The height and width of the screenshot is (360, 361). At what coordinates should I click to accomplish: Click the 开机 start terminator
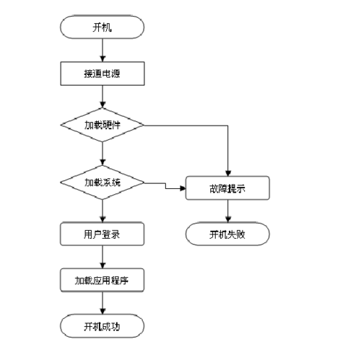[x=103, y=28]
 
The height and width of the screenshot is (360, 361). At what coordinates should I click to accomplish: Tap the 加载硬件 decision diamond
[x=103, y=125]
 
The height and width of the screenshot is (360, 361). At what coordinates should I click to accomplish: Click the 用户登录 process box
[x=103, y=234]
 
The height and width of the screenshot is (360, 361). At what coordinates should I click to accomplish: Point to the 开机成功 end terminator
[x=103, y=326]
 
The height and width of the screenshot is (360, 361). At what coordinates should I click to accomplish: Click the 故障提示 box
[x=228, y=190]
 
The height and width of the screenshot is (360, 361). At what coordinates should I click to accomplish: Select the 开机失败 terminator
[x=228, y=234]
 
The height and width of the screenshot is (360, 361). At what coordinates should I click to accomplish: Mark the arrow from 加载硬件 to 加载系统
[x=103, y=153]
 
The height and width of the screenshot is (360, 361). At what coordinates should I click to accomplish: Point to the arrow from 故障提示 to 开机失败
[x=228, y=211]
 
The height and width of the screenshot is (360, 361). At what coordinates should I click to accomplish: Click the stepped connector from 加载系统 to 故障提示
[x=165, y=185]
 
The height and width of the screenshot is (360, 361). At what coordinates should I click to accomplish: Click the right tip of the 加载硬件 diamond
[x=144, y=125]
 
